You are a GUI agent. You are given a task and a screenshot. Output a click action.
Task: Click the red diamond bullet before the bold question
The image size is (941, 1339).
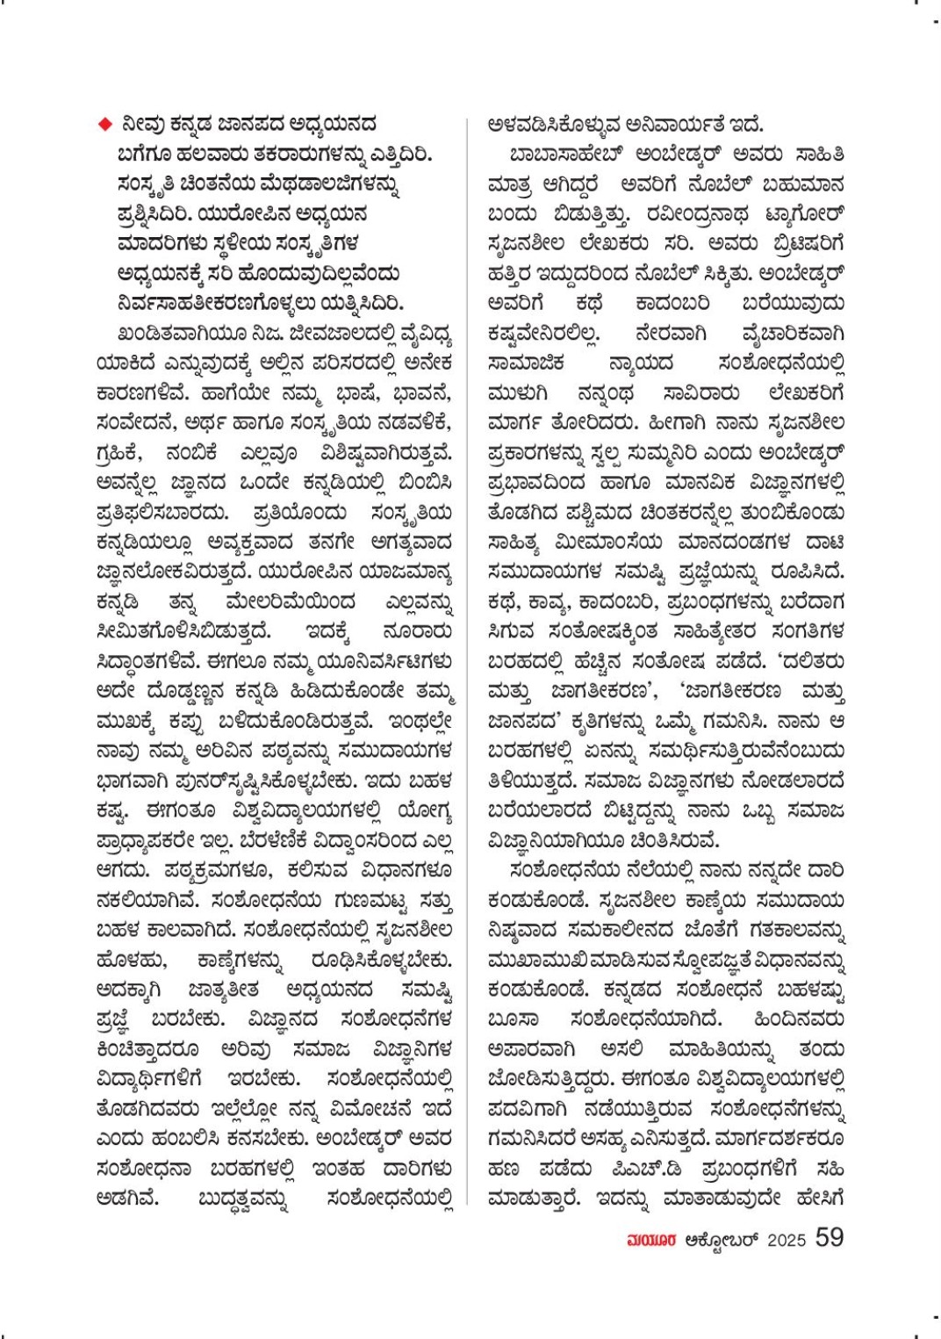(105, 125)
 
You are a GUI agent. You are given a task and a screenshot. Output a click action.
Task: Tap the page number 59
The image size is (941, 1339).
(829, 1237)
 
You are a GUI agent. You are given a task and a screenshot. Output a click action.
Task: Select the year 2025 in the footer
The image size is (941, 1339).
(786, 1240)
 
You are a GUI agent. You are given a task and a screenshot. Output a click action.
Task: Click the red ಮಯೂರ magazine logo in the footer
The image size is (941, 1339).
(650, 1240)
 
